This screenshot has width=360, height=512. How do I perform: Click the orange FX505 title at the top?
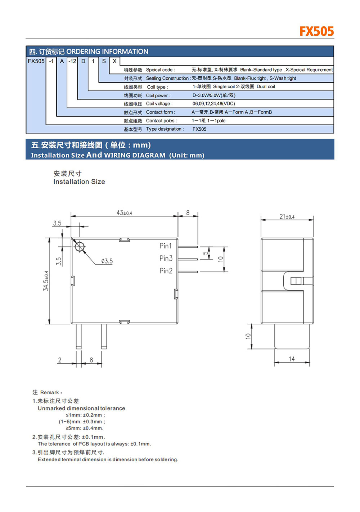[x=316, y=31]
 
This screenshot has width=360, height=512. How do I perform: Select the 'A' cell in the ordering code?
[x=62, y=61]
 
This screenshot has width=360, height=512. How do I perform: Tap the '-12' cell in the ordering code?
[x=72, y=61]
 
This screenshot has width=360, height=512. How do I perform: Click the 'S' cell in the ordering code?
[x=104, y=61]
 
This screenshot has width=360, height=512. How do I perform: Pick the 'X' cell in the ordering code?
[x=114, y=61]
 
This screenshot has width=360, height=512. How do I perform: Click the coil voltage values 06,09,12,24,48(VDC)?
[x=213, y=104]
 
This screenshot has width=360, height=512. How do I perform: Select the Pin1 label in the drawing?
[x=166, y=246]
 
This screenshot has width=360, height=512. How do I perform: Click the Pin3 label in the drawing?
[x=166, y=258]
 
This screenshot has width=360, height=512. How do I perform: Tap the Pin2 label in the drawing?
[x=166, y=271]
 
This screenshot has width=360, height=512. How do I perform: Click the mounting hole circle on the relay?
[x=79, y=246]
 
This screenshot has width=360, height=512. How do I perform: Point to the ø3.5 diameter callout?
[x=107, y=261]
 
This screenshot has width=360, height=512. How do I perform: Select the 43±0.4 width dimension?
[x=124, y=213]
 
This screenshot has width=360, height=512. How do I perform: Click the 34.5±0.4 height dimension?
[x=46, y=281]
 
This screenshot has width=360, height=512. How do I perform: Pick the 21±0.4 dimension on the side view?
[x=287, y=216]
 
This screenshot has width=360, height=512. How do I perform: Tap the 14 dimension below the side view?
[x=292, y=359]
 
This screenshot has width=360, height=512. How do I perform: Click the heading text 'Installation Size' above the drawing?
[x=79, y=182]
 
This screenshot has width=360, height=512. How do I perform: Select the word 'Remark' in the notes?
[x=50, y=392]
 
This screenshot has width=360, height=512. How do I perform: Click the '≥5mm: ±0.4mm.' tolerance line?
[x=85, y=428]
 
